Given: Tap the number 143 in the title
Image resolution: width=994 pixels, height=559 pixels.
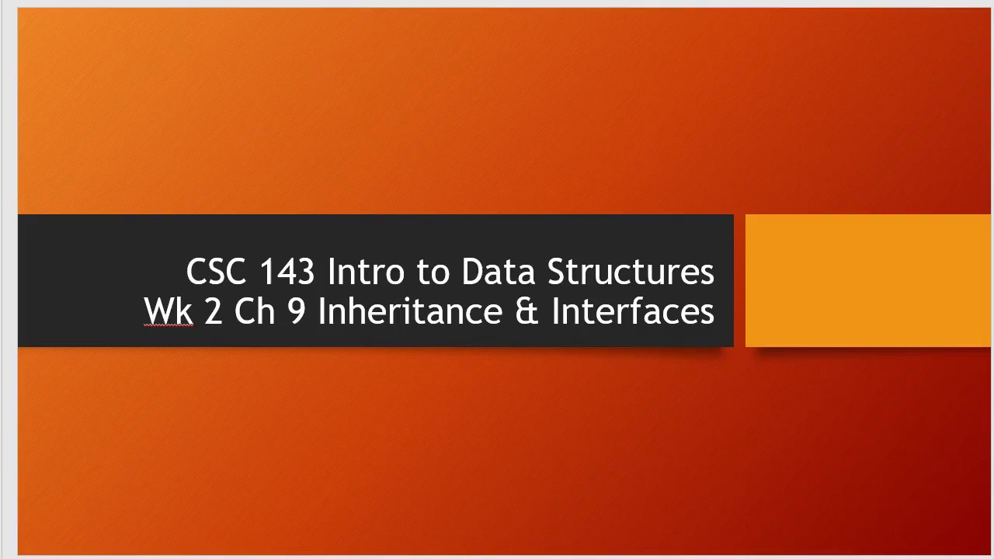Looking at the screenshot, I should click(x=287, y=273).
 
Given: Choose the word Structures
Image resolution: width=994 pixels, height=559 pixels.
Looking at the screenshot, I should click(x=631, y=273).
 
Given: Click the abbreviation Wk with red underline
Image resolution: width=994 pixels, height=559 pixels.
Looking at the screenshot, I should click(x=169, y=311).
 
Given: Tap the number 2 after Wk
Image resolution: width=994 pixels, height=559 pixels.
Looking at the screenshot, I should click(x=213, y=311).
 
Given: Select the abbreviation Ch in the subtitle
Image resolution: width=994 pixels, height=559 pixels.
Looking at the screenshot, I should click(x=254, y=311).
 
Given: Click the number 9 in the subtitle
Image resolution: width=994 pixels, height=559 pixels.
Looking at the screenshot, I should click(x=297, y=311).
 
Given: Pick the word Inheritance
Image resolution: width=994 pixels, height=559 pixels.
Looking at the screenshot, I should click(x=410, y=311).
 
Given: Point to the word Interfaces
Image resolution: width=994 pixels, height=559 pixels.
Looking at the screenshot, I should click(x=633, y=311).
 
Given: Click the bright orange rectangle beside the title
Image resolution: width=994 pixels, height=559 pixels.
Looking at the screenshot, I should click(x=867, y=280).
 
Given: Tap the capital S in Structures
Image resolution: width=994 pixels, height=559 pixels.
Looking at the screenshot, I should click(x=558, y=273).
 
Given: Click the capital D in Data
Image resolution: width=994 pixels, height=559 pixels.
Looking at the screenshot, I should click(x=473, y=273).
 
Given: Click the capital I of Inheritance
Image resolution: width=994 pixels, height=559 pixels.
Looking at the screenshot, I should click(x=321, y=311).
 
